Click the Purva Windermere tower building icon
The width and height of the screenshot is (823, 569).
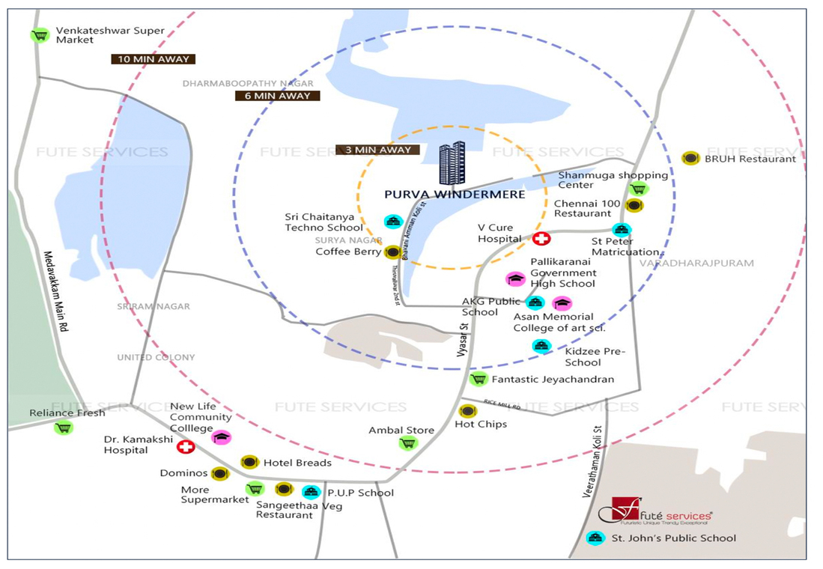click(x=452, y=163)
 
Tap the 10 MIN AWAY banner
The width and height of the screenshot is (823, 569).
click(x=153, y=58)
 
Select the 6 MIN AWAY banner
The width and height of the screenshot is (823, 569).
click(x=277, y=96)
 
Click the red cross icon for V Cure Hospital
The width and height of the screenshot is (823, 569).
click(x=541, y=239)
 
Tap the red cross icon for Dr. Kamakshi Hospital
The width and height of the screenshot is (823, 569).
click(x=185, y=447)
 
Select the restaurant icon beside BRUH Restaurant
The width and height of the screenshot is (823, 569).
click(x=690, y=158)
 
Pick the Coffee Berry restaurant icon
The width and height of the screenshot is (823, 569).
click(x=392, y=252)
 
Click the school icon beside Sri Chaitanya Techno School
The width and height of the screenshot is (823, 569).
click(x=393, y=222)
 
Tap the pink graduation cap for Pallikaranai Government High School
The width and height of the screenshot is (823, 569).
click(x=514, y=279)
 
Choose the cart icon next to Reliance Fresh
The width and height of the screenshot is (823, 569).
click(x=64, y=427)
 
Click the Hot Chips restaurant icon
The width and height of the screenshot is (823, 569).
click(x=467, y=411)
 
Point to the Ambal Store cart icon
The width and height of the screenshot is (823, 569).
click(x=407, y=442)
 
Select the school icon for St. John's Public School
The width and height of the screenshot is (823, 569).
click(x=595, y=538)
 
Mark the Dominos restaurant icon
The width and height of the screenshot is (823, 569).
click(x=219, y=473)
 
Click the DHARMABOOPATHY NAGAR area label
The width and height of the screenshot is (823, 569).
click(x=248, y=84)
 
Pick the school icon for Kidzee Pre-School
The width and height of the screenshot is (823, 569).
click(x=541, y=345)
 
